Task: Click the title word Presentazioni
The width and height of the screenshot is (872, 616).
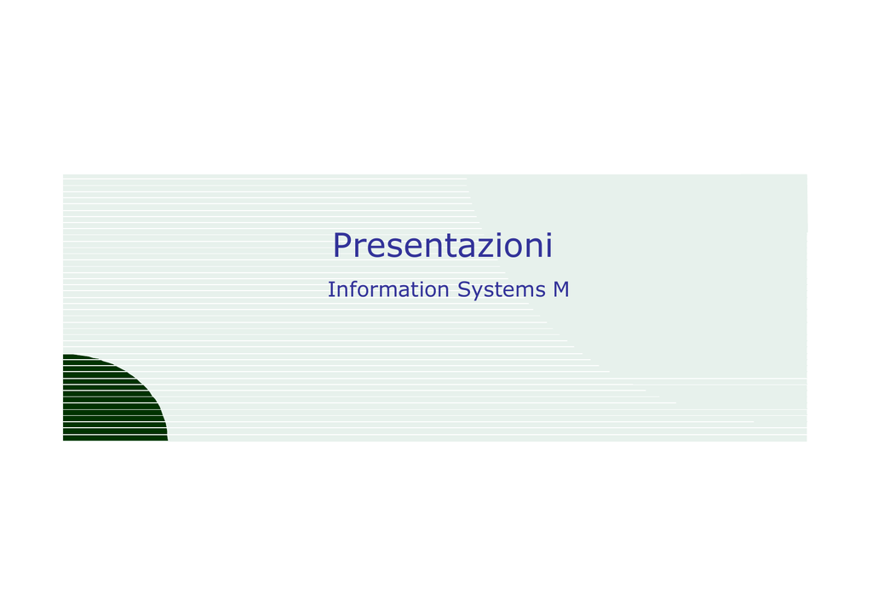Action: (443, 245)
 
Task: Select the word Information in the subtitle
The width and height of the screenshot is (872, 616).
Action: (388, 289)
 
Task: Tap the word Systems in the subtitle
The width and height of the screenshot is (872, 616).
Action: (502, 290)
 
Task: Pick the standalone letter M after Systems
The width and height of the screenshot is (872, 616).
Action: (561, 289)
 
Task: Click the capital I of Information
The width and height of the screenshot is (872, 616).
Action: (330, 289)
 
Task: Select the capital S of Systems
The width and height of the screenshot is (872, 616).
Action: (464, 289)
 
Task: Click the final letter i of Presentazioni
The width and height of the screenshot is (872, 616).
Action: (548, 245)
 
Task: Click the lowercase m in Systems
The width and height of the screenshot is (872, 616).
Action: (525, 292)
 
